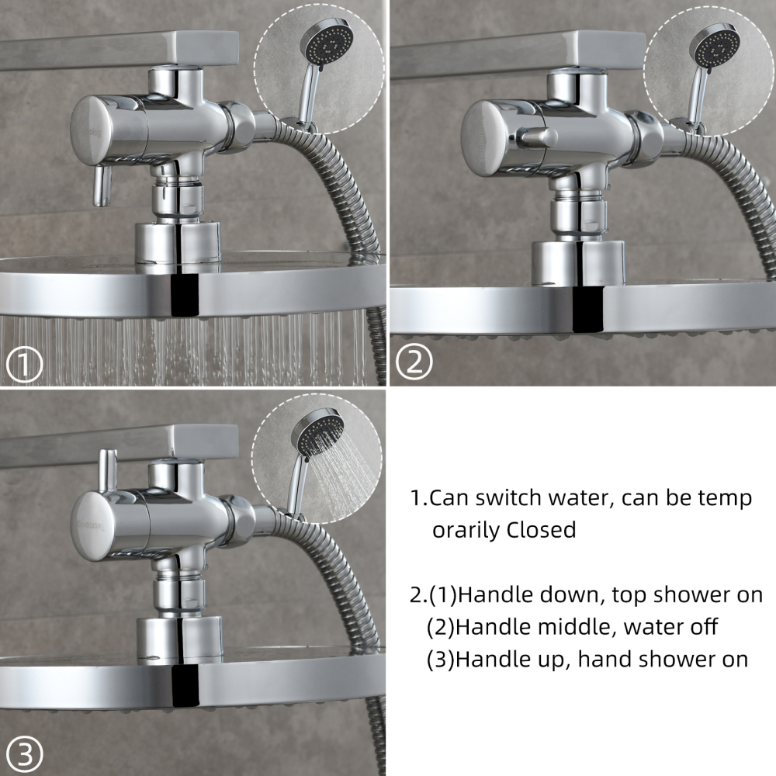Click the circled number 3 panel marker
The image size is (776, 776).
pos(26,752)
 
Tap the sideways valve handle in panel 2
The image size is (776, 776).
pos(539,137)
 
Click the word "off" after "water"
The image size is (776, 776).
pos(701,628)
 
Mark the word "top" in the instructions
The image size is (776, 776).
pos(630,596)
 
